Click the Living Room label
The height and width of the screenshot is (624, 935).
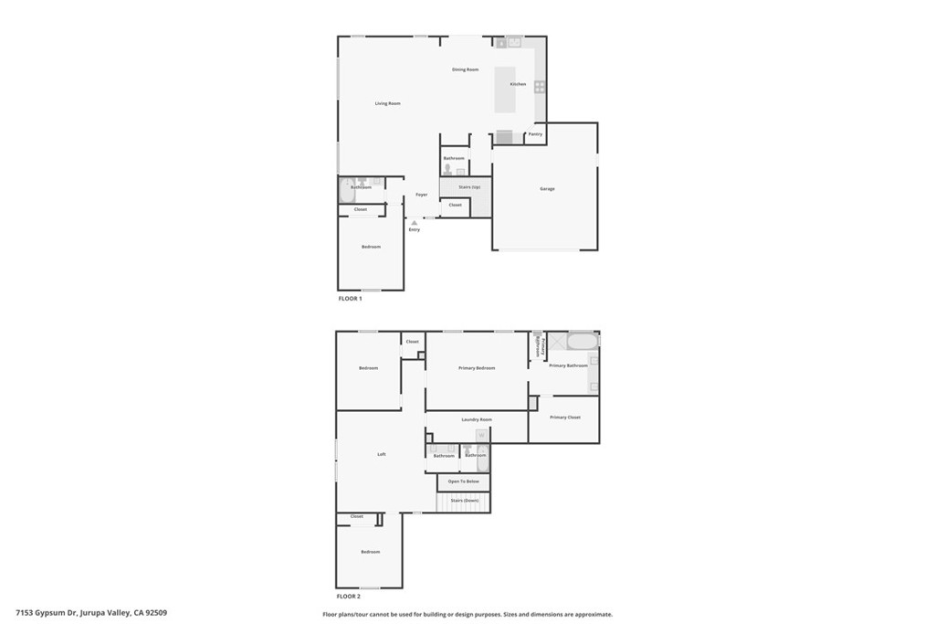point(388,103)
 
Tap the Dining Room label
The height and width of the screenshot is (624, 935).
point(465,69)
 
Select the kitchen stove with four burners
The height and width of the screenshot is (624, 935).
point(540,87)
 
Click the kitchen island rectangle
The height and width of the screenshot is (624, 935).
point(505,89)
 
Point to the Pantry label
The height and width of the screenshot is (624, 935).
point(535,134)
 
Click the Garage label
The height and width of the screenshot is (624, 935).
point(547,188)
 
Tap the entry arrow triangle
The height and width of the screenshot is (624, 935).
point(415,222)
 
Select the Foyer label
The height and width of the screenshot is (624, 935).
point(421,195)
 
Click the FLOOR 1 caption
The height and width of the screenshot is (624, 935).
point(351,299)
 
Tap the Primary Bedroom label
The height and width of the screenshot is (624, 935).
point(477,367)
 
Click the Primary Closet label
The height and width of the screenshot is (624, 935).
point(564,418)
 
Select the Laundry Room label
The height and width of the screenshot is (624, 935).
point(477,419)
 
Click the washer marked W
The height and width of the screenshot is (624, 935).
point(481,436)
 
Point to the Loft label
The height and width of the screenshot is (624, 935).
point(382,454)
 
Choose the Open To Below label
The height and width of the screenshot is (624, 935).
point(463,481)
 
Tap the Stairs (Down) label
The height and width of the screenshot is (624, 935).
point(464,501)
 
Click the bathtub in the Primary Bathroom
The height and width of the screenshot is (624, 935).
point(582,342)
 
